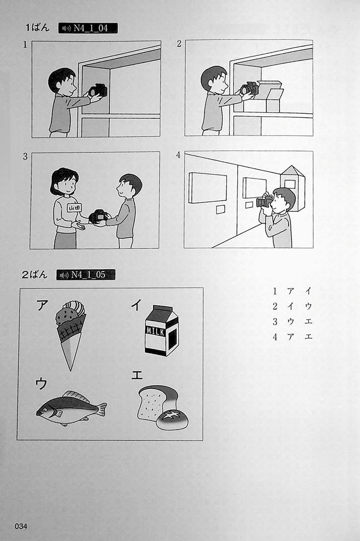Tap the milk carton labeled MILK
tap(161, 331)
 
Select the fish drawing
tap(71, 408)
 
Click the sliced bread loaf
tap(157, 402)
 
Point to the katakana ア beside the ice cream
tap(42, 305)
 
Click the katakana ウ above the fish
tap(41, 383)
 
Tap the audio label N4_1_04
tap(88, 28)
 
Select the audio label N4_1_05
tap(86, 275)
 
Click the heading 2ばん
tap(35, 275)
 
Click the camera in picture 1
tap(98, 91)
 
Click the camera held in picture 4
tap(264, 201)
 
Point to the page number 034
tap(21, 526)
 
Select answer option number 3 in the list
tap(275, 322)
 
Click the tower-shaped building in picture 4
tap(293, 188)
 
